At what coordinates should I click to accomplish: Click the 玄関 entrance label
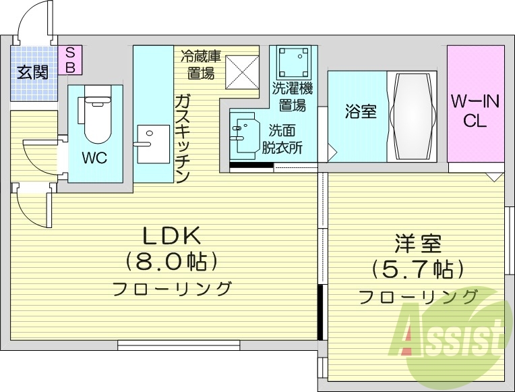point(32,72)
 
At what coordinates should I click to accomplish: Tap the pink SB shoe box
point(69,59)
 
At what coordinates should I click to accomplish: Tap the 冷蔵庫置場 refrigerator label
point(200,63)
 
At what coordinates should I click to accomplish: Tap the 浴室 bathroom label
point(360,112)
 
